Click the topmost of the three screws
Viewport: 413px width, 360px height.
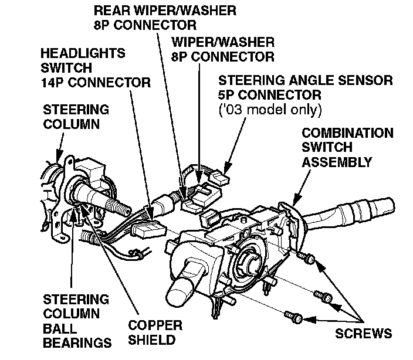click(306, 256)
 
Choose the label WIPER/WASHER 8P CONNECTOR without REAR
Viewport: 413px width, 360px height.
click(222, 49)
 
